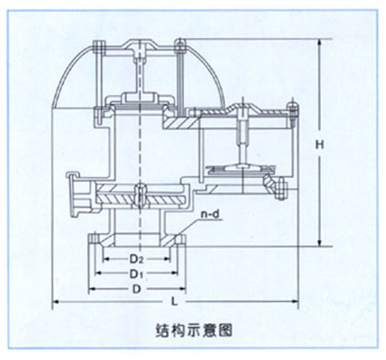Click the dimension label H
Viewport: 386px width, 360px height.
[319, 144]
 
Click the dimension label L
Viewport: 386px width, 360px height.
[174, 302]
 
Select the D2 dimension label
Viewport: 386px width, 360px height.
[136, 259]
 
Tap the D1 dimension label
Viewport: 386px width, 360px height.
[136, 274]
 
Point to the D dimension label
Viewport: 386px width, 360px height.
[136, 289]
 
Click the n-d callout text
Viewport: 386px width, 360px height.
[210, 215]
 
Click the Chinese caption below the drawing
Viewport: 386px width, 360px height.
[194, 330]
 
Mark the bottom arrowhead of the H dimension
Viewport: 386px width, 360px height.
[319, 244]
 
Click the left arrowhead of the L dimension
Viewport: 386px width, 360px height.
[55, 302]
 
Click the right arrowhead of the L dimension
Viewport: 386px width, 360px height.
[295, 302]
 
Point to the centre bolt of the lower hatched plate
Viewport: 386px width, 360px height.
[141, 196]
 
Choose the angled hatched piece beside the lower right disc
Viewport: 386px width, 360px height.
[269, 183]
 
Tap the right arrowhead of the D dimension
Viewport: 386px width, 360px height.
[183, 289]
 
